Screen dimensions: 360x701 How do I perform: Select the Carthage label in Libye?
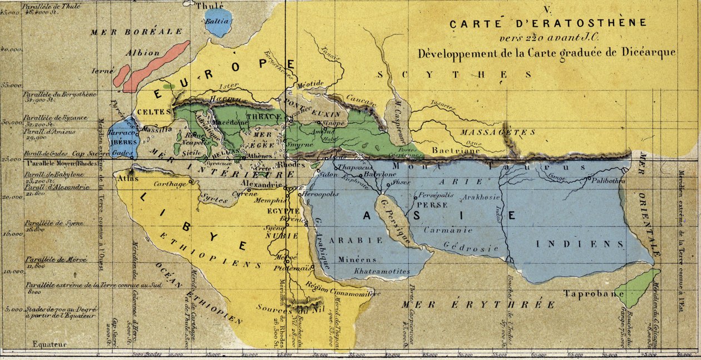[170, 184]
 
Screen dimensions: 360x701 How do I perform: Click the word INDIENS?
[580, 244]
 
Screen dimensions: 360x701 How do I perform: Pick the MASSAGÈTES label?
[498, 132]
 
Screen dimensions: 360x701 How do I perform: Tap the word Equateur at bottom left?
[50, 344]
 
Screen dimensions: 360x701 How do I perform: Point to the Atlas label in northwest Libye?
[126, 179]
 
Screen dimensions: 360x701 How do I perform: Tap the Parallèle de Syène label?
[53, 223]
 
